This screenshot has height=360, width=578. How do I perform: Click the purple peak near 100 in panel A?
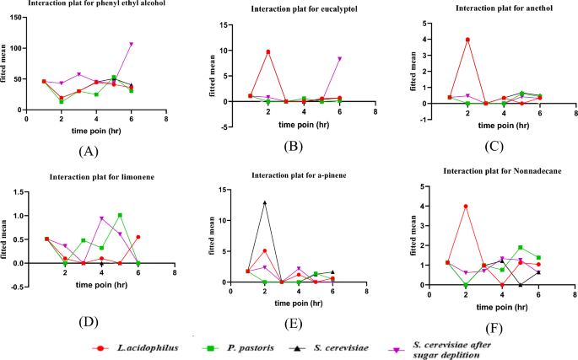131,44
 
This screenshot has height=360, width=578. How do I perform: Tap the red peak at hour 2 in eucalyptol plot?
267,52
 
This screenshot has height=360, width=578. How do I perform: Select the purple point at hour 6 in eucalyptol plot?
339,59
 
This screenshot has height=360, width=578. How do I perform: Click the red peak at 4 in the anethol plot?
467,40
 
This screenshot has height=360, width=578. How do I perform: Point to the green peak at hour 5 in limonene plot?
120,215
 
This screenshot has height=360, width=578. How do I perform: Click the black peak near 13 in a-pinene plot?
265,202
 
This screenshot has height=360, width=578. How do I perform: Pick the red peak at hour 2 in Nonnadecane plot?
467,207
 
